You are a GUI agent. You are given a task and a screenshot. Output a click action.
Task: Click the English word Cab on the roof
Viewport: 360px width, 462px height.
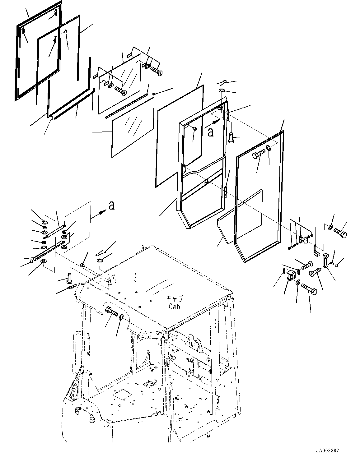[174, 307]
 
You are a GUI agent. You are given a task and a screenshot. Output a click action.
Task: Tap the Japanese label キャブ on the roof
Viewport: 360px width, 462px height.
[174, 299]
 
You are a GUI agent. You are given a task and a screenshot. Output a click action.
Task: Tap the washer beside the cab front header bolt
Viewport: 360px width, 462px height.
[121, 317]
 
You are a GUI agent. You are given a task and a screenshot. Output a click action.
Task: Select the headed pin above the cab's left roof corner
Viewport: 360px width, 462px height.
[69, 277]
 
